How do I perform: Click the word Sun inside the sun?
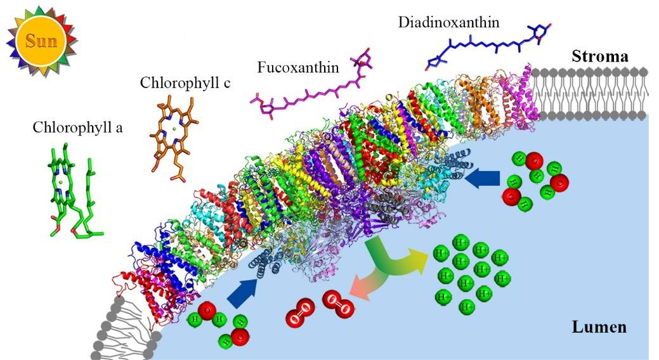pyautogui.click(x=41, y=41)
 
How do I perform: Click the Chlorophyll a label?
pyautogui.click(x=78, y=127)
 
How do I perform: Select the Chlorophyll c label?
pyautogui.click(x=185, y=83)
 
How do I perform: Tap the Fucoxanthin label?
pyautogui.click(x=298, y=67)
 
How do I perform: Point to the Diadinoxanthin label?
pyautogui.click(x=449, y=22)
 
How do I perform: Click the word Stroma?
pyautogui.click(x=600, y=56)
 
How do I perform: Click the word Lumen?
pyautogui.click(x=599, y=327)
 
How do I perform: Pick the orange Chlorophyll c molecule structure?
pyautogui.click(x=173, y=136)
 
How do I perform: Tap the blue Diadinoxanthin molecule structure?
pyautogui.click(x=488, y=46)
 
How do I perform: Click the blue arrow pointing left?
pyautogui.click(x=483, y=179)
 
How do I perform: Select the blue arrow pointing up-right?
pyautogui.click(x=243, y=291)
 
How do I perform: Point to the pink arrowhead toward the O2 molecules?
pyautogui.click(x=358, y=288)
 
